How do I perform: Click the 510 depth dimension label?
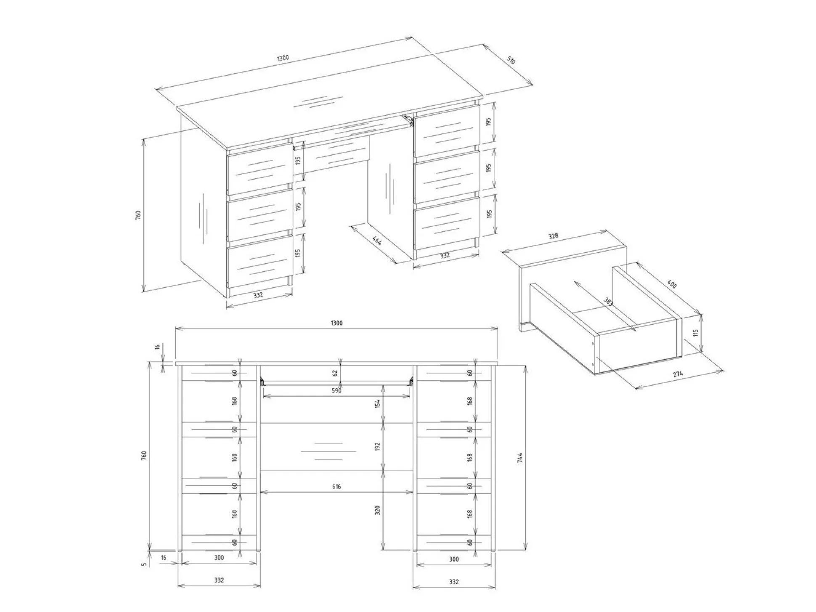tap(511, 60)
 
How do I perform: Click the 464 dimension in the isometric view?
tap(377, 241)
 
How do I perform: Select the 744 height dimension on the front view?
tap(520, 458)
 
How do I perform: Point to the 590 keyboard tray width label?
tap(336, 391)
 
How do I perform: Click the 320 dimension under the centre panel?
tap(378, 510)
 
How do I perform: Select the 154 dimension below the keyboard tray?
tap(378, 404)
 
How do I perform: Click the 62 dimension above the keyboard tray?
tap(335, 373)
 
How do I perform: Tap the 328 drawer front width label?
tap(553, 236)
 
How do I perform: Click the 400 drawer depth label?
tap(672, 285)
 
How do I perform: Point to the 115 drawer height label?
tap(696, 333)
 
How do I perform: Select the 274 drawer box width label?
tap(678, 374)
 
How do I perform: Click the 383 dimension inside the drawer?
tap(608, 302)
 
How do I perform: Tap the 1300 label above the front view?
tap(336, 323)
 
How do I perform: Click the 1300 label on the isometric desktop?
tap(283, 58)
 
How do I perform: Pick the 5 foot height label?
tap(144, 564)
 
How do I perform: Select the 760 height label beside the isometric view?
tap(138, 215)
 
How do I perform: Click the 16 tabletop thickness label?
tap(157, 347)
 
